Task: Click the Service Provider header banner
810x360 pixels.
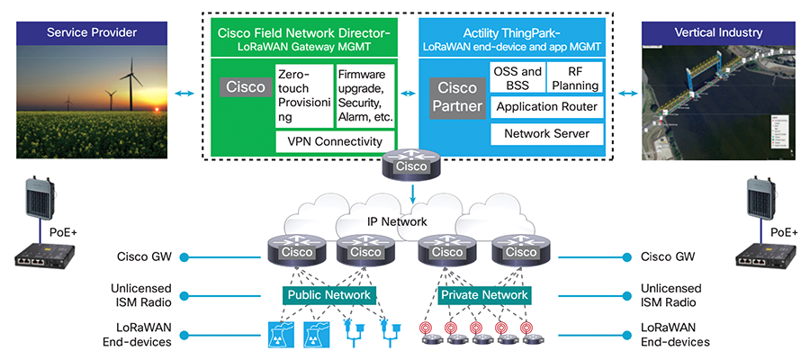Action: point(92,34)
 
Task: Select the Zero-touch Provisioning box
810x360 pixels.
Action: point(303,94)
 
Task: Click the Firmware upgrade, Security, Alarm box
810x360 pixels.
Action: point(364,94)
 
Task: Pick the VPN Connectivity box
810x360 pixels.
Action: point(334,141)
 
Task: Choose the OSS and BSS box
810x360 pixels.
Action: point(517,78)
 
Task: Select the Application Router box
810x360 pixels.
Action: point(546,106)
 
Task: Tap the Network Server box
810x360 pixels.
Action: point(546,134)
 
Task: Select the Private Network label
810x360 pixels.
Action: point(483,295)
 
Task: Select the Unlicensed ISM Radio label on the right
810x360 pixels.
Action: point(672,296)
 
